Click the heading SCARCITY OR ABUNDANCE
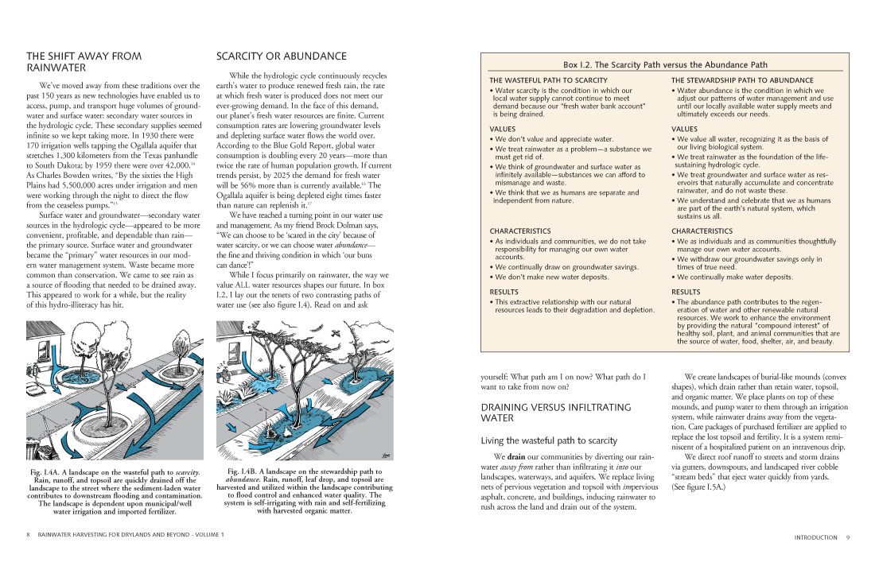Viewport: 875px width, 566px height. click(x=282, y=56)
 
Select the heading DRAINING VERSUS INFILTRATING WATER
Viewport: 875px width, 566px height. click(x=545, y=412)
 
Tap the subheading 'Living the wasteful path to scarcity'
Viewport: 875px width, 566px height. click(x=549, y=440)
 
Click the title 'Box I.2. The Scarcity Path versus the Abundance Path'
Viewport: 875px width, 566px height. click(x=665, y=64)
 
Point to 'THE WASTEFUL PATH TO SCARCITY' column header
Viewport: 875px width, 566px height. click(x=548, y=80)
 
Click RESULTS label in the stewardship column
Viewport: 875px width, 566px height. click(x=686, y=292)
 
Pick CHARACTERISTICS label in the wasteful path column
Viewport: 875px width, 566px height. click(x=519, y=231)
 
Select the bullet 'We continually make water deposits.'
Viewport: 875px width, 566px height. click(x=735, y=277)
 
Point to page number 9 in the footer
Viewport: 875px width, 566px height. click(x=848, y=537)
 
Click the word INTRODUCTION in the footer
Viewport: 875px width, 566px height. click(x=815, y=537)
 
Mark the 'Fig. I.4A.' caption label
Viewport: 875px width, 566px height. click(x=49, y=473)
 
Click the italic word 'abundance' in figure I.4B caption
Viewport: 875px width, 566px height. click(x=242, y=479)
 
